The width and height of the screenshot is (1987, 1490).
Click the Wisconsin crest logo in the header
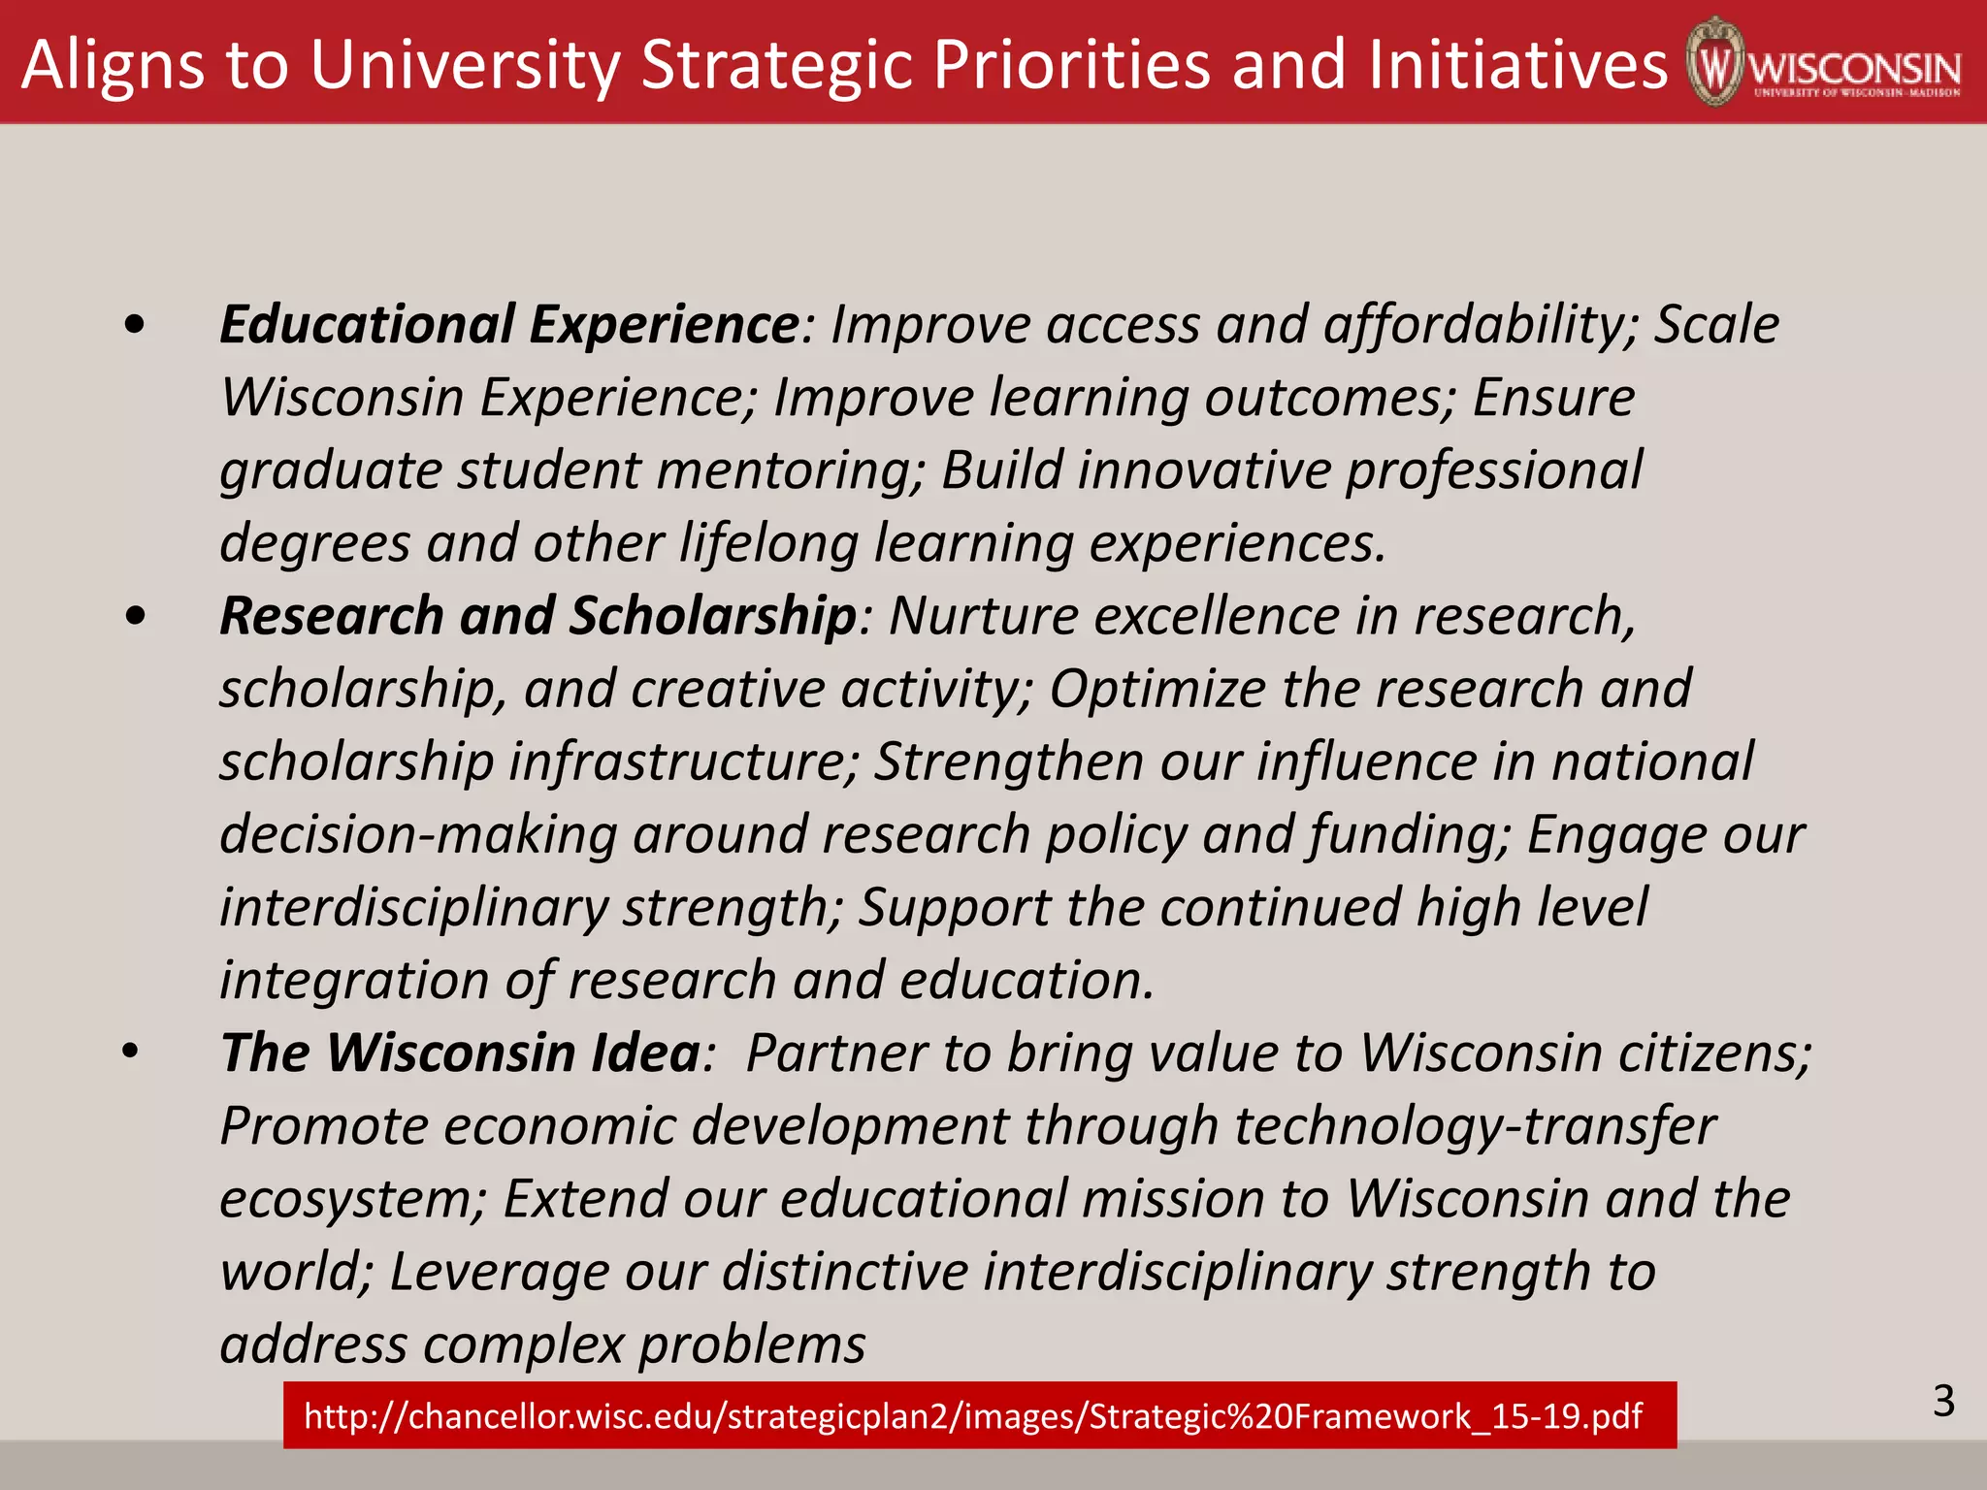click(1715, 62)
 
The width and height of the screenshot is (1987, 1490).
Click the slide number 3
click(1943, 1401)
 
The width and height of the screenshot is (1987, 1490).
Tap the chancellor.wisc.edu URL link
click(972, 1416)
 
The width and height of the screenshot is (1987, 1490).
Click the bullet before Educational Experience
click(135, 326)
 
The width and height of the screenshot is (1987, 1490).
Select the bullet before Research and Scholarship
click(135, 617)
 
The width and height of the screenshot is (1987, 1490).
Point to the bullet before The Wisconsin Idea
click(132, 1053)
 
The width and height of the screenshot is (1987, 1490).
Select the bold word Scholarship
click(712, 617)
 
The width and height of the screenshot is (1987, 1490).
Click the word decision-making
click(418, 835)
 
